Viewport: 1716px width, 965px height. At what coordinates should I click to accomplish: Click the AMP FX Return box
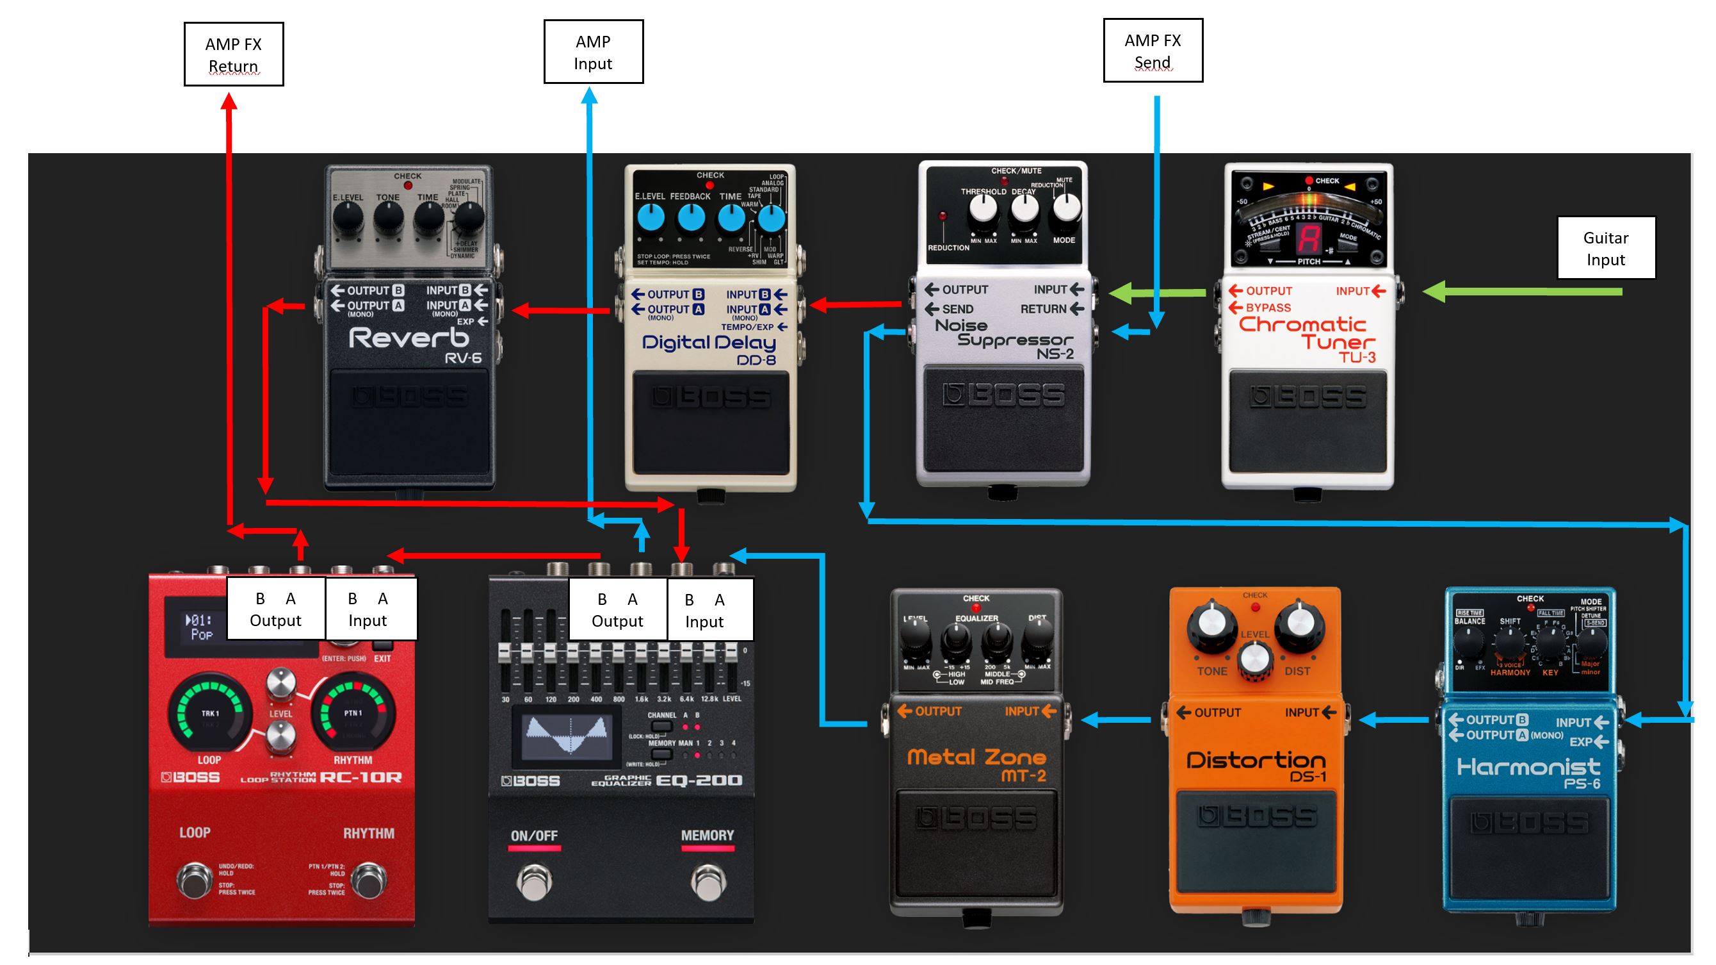[234, 54]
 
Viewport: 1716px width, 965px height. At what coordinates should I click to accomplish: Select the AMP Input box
[593, 52]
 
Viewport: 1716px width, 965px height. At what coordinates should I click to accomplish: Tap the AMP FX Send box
[1153, 51]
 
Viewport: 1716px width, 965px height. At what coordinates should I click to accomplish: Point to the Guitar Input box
[1605, 248]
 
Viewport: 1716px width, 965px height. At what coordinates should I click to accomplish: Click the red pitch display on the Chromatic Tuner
[1309, 238]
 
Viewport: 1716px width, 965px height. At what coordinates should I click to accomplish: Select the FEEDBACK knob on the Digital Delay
[691, 218]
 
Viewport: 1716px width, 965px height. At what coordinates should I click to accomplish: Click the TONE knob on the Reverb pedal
[387, 218]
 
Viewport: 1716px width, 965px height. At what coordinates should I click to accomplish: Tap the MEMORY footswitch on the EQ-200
[708, 881]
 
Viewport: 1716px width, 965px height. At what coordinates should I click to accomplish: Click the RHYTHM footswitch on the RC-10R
[368, 880]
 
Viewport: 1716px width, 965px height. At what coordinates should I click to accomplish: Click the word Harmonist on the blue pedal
[1528, 767]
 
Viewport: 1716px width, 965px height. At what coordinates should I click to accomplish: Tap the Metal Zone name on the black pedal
[976, 757]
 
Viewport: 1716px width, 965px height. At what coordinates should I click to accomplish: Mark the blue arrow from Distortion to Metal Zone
[1116, 720]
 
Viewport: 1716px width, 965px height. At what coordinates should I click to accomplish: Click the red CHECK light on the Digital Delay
[709, 185]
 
